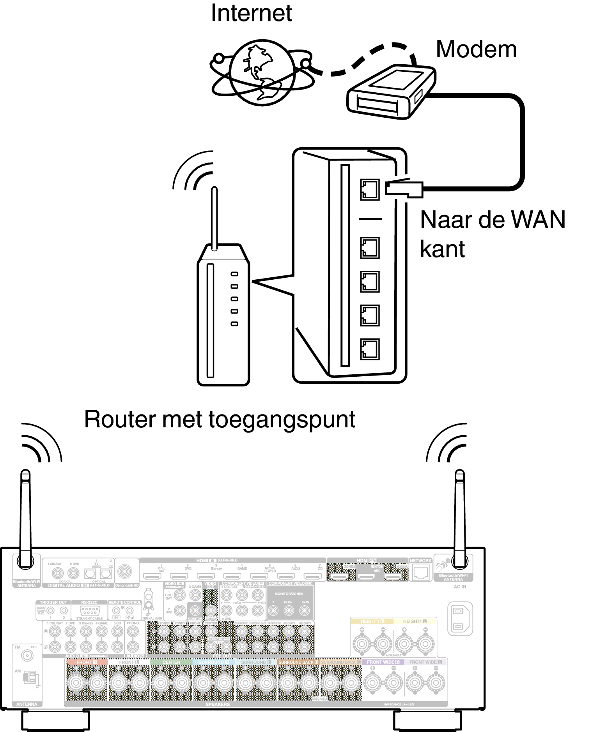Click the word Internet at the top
[251, 13]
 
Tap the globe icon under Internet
[262, 73]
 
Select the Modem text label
[476, 49]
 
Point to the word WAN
[538, 220]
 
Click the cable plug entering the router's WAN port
[404, 188]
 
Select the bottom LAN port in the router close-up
[370, 349]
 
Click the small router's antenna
[214, 218]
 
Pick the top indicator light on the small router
[234, 274]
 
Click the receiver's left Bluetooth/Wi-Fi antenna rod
[25, 518]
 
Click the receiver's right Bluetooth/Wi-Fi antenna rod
[460, 518]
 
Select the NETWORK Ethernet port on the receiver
[420, 573]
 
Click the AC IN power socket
[460, 619]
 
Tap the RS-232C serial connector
[90, 611]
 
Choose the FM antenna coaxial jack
[27, 656]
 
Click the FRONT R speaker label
[86, 662]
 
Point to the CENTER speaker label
[171, 662]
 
